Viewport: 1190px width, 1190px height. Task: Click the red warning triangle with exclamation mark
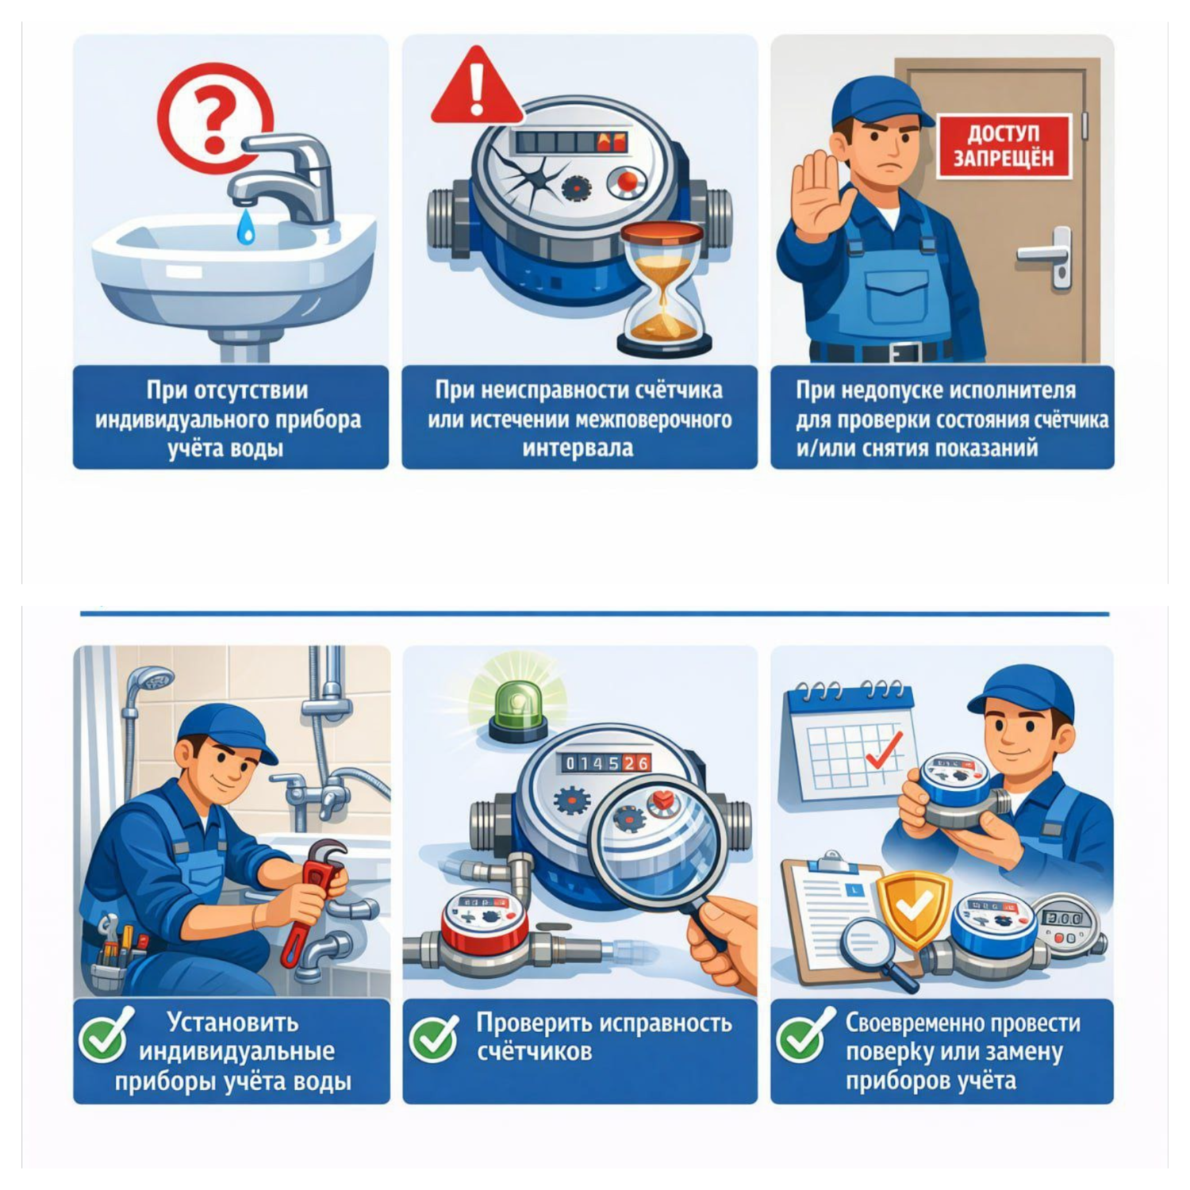click(477, 85)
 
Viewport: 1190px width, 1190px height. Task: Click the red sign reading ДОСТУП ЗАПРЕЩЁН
click(1004, 145)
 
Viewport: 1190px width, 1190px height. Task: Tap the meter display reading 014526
click(607, 763)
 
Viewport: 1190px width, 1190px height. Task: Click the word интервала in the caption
click(578, 448)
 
